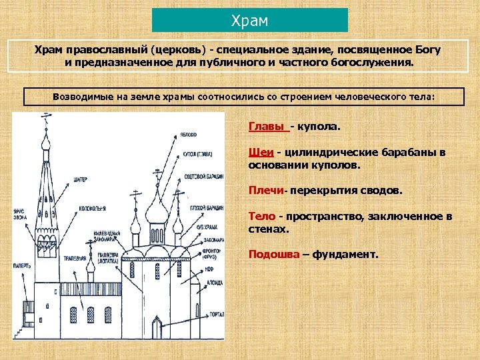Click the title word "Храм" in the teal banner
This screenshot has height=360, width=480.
[249, 21]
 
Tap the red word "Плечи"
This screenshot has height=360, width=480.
[265, 191]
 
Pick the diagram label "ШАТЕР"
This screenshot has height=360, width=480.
[81, 179]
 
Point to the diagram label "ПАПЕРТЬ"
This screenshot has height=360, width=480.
[22, 265]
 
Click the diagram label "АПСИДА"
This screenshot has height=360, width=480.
[215, 282]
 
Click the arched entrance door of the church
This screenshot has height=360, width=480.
[157, 327]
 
